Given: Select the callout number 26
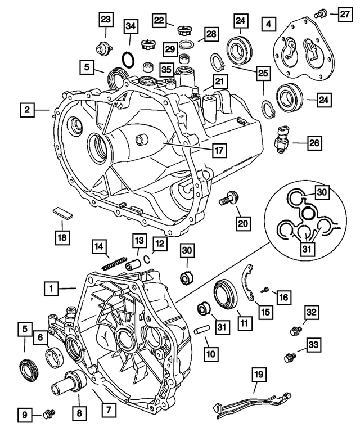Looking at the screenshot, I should (314, 143).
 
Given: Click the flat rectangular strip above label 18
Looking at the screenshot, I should (63, 212).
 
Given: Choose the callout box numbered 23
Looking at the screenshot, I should (105, 20).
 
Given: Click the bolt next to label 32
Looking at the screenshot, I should (294, 331).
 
